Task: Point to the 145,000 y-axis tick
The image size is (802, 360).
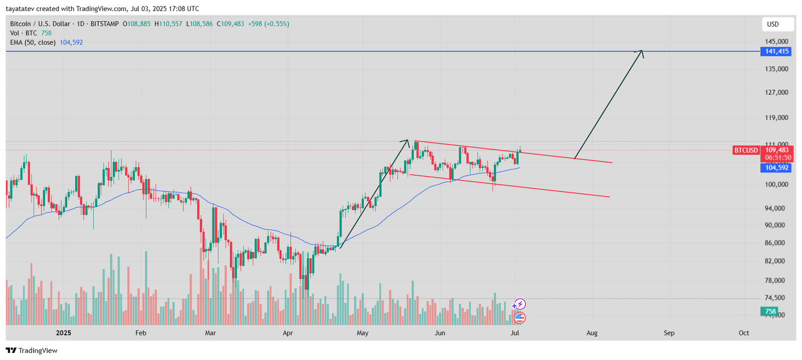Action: coord(776,41)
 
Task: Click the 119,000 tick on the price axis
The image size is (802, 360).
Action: coord(776,118)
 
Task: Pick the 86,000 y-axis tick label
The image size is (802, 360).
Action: coord(774,243)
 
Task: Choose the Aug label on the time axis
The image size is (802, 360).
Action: coord(592,333)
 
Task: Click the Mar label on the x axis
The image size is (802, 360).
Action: coord(211,333)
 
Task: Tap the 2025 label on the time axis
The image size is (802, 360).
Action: coord(64,333)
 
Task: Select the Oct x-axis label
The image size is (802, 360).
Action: coord(744,333)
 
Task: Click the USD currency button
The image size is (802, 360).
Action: coord(773,24)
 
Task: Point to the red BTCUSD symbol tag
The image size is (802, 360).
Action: coord(746,150)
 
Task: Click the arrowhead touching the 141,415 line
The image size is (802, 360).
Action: coord(640,52)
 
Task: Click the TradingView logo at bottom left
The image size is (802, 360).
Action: coord(32,350)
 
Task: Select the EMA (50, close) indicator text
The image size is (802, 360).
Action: coord(33,43)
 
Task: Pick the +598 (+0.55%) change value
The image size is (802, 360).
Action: coord(268,24)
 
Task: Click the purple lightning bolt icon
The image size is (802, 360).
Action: coord(520,304)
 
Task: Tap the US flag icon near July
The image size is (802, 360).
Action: coord(520,317)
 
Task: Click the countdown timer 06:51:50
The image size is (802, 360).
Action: coord(778,157)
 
